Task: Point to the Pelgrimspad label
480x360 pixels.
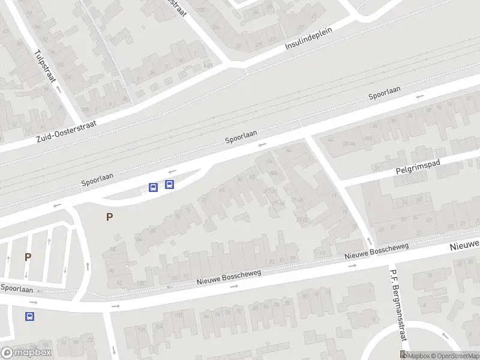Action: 418,168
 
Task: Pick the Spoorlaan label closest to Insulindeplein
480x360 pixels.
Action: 385,93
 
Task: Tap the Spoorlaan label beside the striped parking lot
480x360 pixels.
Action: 16,289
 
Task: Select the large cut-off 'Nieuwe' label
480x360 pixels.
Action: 465,245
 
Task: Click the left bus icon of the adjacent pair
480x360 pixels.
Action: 153,187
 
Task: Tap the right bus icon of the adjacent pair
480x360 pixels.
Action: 170,185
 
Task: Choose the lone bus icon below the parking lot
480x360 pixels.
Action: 29,316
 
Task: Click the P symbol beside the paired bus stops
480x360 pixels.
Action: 109,217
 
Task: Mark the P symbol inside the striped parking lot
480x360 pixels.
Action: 28,257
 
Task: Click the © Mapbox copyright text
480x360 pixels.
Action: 418,356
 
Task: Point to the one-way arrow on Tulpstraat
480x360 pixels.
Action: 59,88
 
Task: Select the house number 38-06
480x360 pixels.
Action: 349,144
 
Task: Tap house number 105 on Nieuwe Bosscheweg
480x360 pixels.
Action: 142,283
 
